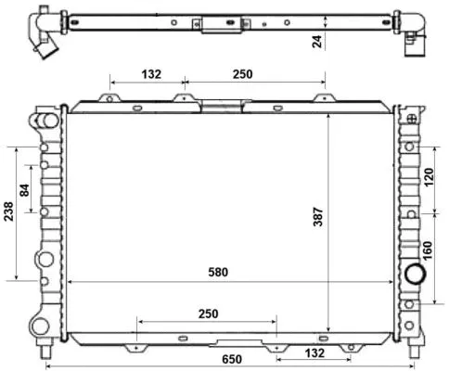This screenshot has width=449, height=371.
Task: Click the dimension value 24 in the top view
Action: pos(318,42)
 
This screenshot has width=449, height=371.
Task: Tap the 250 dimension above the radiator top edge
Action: pos(243,74)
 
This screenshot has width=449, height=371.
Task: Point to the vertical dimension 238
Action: pos(8,213)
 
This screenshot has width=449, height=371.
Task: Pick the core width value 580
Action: pos(217,272)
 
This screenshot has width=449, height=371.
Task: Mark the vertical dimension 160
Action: pos(429,250)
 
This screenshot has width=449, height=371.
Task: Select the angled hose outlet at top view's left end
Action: pos(43,42)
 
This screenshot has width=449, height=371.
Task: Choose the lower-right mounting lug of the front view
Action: pos(409,326)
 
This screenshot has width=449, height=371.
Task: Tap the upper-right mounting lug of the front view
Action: pos(409,116)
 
